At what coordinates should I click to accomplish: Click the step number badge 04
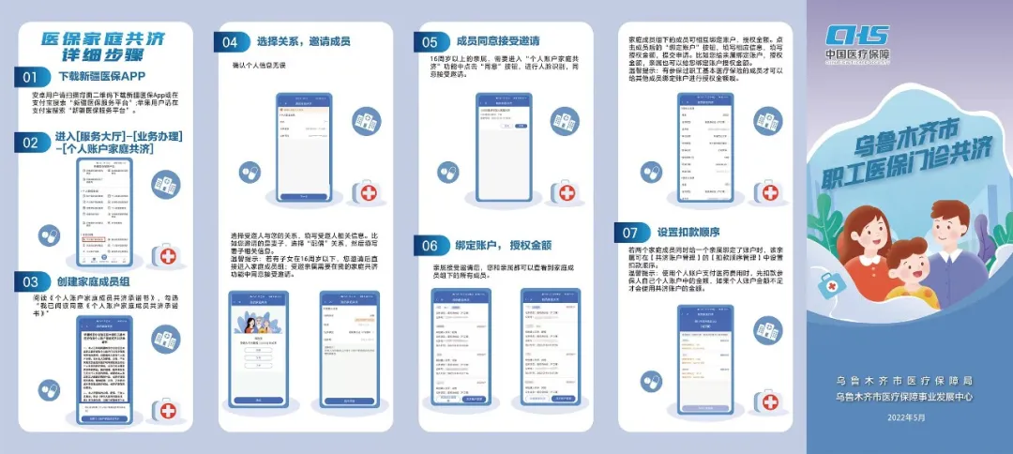(x=231, y=42)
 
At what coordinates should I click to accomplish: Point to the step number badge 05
(x=430, y=42)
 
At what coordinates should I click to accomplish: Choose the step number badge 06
(x=430, y=246)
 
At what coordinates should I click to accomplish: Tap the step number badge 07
(x=630, y=233)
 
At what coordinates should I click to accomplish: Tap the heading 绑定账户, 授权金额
(x=504, y=246)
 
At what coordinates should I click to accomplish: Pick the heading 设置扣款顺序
(x=687, y=233)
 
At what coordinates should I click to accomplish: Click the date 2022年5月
(x=907, y=417)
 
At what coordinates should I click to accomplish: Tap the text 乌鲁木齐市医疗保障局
(x=907, y=381)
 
